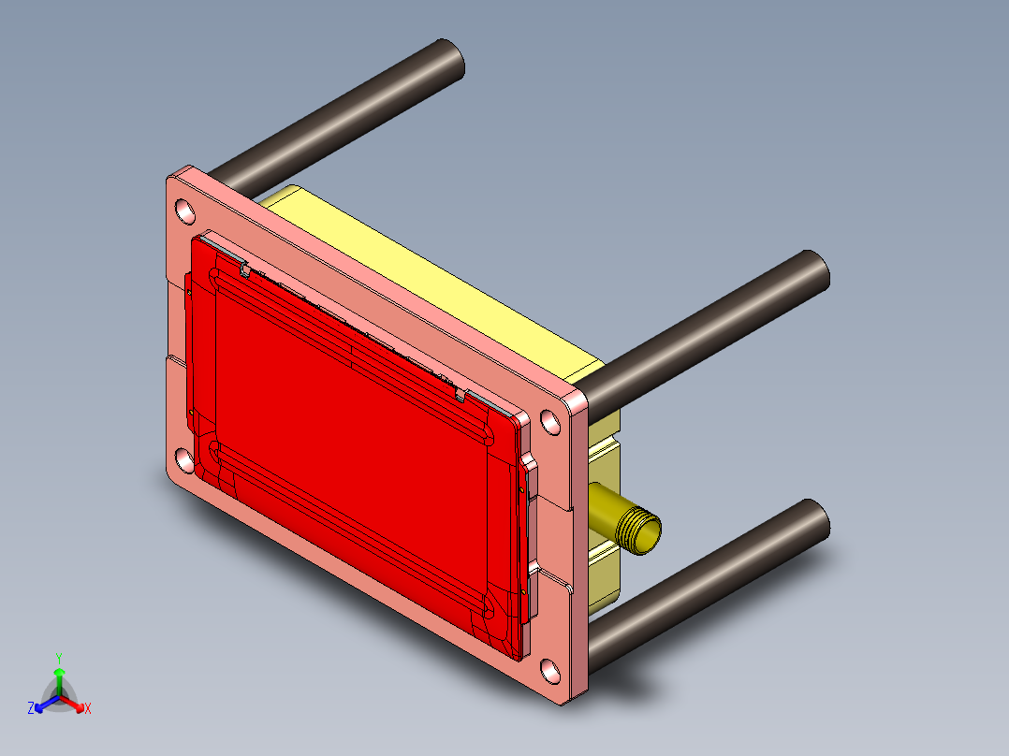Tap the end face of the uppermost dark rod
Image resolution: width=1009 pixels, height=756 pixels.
451,61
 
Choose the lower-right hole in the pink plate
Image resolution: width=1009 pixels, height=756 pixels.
549,671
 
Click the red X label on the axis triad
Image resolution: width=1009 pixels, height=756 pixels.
87,709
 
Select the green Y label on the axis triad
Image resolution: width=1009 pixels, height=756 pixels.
59,657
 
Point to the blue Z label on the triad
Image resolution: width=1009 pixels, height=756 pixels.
31,709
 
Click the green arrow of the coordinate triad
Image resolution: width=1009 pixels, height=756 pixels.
59,676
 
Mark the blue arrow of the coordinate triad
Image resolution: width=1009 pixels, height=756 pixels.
43,705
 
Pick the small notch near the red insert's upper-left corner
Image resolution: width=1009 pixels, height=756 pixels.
245,270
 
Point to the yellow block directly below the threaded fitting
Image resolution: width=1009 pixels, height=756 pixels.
605,571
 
